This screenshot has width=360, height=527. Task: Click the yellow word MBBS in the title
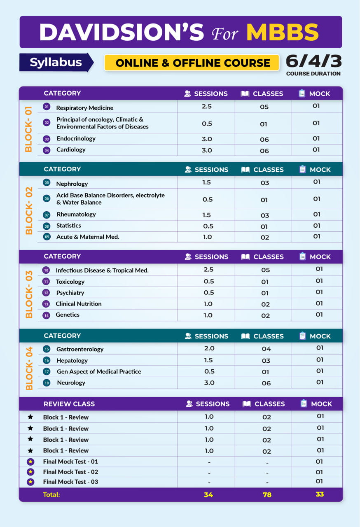282,32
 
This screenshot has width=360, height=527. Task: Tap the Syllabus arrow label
56,62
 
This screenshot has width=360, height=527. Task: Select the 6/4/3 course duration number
313,61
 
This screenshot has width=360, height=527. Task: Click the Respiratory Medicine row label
85,108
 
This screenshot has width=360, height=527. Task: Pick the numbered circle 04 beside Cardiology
47,150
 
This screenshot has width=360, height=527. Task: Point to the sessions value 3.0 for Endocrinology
207,139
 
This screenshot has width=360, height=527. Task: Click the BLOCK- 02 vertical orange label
29,211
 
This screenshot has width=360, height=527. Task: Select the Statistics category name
69,225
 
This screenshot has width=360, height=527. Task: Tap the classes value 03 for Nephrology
265,183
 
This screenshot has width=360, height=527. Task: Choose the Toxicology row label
70,282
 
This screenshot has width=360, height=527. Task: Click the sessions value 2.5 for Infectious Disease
208,269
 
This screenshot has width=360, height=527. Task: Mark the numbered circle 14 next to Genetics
47,315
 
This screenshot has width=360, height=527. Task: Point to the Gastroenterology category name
80,349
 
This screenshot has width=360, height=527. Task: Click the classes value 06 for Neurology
266,383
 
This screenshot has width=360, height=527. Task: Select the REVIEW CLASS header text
69,404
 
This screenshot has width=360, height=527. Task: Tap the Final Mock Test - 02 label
70,472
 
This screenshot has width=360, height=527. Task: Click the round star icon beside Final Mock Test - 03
30,482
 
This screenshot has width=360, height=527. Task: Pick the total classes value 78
267,495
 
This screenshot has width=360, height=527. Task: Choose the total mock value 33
320,494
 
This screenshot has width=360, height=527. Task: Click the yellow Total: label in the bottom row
51,494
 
